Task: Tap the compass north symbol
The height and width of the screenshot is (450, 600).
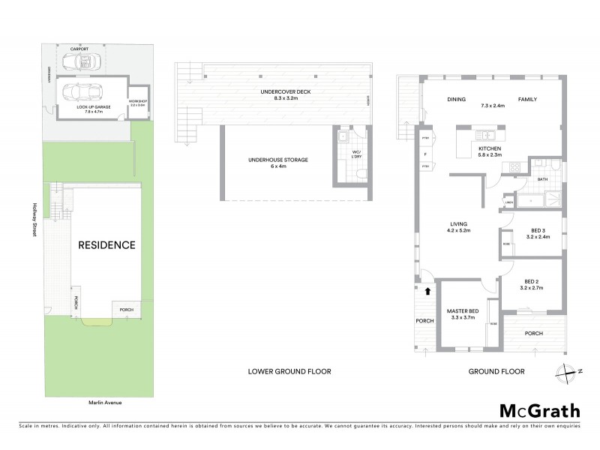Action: pyautogui.click(x=568, y=369)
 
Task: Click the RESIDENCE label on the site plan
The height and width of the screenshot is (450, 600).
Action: pyautogui.click(x=107, y=245)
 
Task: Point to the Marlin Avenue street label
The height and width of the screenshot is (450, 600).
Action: pyautogui.click(x=104, y=403)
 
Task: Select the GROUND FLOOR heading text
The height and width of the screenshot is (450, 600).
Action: pyautogui.click(x=496, y=371)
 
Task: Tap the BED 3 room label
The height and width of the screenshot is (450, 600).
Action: pyautogui.click(x=538, y=232)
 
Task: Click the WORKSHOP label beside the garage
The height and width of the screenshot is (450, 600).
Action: pyautogui.click(x=138, y=102)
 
